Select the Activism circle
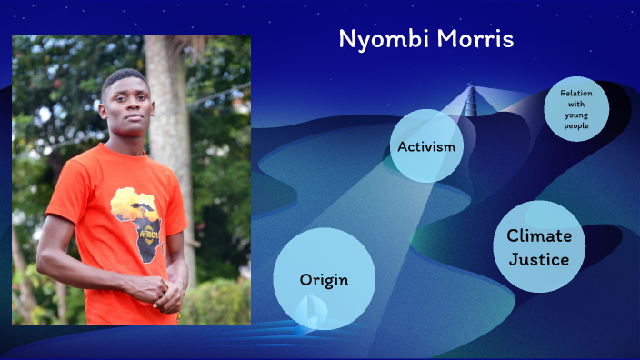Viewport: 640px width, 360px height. pyautogui.click(x=425, y=145)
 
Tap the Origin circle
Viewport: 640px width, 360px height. pyautogui.click(x=324, y=278)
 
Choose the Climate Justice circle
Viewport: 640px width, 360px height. pyautogui.click(x=539, y=247)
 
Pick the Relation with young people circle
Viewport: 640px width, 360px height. pyautogui.click(x=575, y=109)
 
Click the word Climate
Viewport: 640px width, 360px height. pyautogui.click(x=539, y=235)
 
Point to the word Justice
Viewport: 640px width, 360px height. pyautogui.click(x=539, y=260)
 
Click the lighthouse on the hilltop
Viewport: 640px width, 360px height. pyautogui.click(x=471, y=100)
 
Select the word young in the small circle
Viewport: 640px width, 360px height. pyautogui.click(x=576, y=115)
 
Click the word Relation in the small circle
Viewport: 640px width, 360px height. pyautogui.click(x=576, y=93)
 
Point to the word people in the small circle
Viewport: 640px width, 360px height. pyautogui.click(x=576, y=126)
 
